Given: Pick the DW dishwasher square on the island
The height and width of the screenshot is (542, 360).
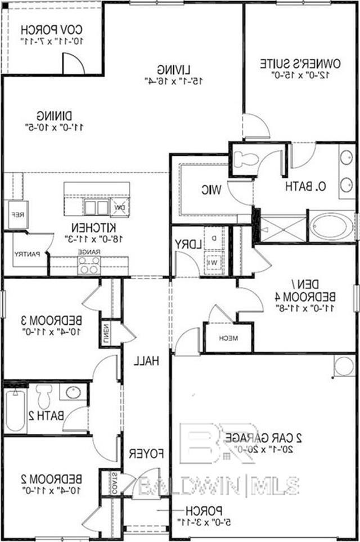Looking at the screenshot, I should coord(120,207).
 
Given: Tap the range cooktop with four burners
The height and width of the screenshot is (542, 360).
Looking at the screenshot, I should coord(89,265).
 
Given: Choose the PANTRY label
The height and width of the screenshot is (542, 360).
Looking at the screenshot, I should coord(27,254).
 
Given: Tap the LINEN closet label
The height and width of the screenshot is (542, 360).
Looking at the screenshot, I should coord(106,333).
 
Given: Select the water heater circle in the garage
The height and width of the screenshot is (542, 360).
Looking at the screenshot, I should coord(344,366).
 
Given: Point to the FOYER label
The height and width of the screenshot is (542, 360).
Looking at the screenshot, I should coord(146,454).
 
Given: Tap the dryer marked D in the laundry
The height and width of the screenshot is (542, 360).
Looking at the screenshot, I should coord(214,238).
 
